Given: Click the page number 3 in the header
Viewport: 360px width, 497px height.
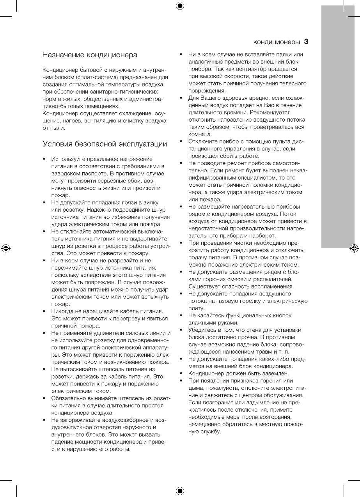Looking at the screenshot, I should tap(306, 41).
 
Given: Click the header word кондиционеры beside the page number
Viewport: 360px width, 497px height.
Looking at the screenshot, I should tap(277, 42).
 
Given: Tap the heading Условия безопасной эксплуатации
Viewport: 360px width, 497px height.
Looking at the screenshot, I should tap(105, 144).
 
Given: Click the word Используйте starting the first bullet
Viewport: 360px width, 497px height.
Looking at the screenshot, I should tap(69, 159).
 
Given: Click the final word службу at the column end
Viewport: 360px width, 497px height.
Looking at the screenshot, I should tap(211, 432).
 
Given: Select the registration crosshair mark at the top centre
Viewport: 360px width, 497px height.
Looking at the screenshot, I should tap(180, 5).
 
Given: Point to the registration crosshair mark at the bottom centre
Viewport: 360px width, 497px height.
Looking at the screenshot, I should tap(180, 491).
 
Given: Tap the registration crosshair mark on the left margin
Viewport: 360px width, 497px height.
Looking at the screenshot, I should tap(5, 248).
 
